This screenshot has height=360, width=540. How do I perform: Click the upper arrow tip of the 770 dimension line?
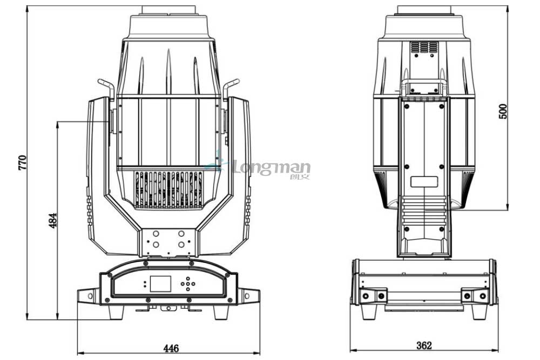pyautogui.click(x=27, y=6)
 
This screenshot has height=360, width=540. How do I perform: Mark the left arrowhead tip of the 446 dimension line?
pyautogui.click(x=77, y=353)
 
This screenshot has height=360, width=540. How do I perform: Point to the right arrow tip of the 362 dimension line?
pyautogui.click(x=498, y=350)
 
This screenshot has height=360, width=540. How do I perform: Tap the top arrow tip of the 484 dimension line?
pyautogui.click(x=57, y=121)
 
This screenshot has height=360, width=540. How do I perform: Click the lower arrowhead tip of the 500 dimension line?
pyautogui.click(x=507, y=210)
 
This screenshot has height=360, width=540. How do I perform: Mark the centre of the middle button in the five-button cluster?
pyautogui.click(x=188, y=284)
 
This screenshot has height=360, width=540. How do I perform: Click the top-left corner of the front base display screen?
pyautogui.click(x=150, y=276)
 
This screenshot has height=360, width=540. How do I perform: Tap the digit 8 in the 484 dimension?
pyautogui.click(x=53, y=220)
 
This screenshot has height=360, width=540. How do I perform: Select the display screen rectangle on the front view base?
pyautogui.click(x=160, y=284)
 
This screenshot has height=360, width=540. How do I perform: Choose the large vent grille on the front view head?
pyautogui.click(x=168, y=189)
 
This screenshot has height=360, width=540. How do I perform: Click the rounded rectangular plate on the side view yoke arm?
pyautogui.click(x=424, y=182)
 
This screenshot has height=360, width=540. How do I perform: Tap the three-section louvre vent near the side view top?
pyautogui.click(x=424, y=47)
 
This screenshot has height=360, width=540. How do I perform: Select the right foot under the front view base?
pyautogui.click(x=221, y=313)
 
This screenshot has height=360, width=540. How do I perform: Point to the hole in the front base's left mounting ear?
pyautogui.click(x=90, y=296)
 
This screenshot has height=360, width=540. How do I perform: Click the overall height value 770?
pyautogui.click(x=22, y=162)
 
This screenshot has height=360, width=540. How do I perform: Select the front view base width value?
pyautogui.click(x=171, y=348)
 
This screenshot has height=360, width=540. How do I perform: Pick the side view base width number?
pyautogui.click(x=424, y=345)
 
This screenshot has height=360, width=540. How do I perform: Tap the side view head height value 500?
pyautogui.click(x=503, y=111)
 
